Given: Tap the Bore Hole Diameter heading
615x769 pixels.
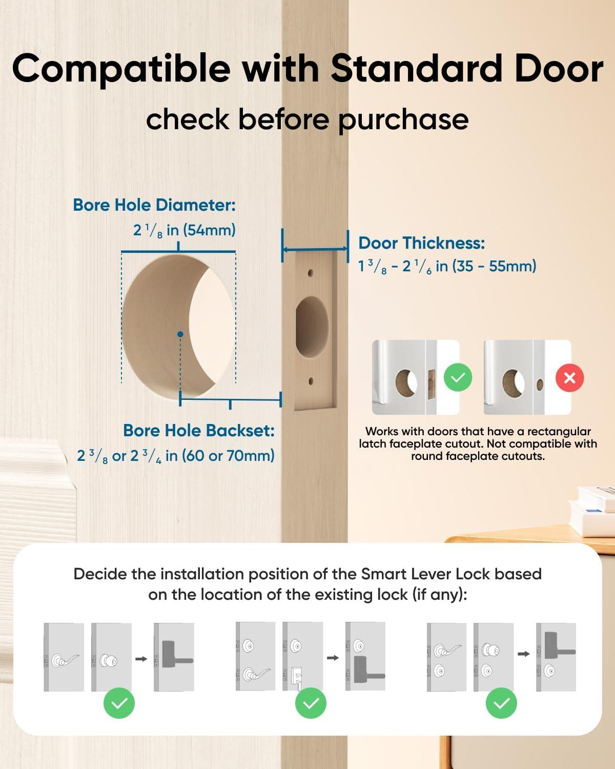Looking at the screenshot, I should (x=154, y=205).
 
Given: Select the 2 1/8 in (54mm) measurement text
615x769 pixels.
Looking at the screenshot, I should (x=184, y=230).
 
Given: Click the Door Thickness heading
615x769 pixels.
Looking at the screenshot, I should (x=421, y=243).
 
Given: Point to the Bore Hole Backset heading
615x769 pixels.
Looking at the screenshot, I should (x=199, y=431).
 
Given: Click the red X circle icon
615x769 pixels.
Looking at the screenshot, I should (x=569, y=378).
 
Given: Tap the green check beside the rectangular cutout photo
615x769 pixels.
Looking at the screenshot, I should (x=458, y=378).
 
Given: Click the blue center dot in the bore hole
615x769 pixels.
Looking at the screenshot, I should (x=180, y=334).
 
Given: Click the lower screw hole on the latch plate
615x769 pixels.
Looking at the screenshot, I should (x=311, y=381).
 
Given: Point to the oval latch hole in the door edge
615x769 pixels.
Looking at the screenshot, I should (x=312, y=328).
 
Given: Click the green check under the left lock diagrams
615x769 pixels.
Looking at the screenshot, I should (x=119, y=704).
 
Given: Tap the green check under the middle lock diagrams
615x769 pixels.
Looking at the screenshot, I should (x=311, y=704).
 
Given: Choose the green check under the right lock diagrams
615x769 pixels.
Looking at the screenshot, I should (x=501, y=704).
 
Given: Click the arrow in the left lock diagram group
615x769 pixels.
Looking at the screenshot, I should (x=141, y=659).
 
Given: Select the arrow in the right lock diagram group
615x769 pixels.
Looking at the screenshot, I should (x=523, y=654).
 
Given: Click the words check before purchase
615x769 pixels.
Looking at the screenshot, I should (x=307, y=119).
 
